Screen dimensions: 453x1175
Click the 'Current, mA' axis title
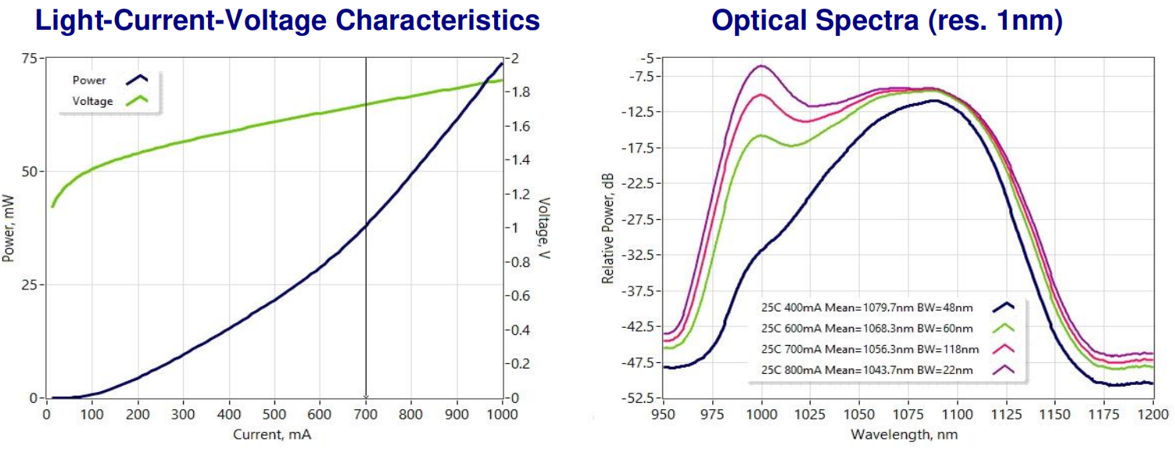(x=273, y=433)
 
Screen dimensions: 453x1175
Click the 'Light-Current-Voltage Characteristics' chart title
(x=287, y=20)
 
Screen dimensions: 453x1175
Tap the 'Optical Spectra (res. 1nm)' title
(x=887, y=20)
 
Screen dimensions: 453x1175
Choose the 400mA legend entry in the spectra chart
(x=867, y=308)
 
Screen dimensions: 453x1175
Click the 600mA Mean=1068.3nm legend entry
(x=867, y=329)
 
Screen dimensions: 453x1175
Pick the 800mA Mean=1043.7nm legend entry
(x=867, y=369)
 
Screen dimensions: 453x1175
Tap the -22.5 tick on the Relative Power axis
(x=638, y=184)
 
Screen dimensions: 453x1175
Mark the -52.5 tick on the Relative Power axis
(x=638, y=398)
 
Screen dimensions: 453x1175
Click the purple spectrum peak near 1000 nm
(x=761, y=66)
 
